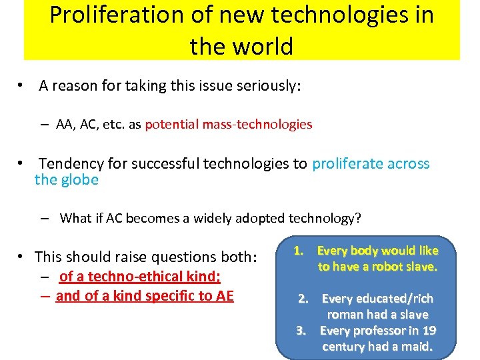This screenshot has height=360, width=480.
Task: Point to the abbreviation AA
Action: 65,124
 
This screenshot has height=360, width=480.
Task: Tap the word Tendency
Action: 70,163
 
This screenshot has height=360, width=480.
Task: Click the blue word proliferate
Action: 348,163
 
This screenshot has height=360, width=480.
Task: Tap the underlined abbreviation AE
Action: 223,295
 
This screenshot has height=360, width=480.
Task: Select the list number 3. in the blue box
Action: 301,331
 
